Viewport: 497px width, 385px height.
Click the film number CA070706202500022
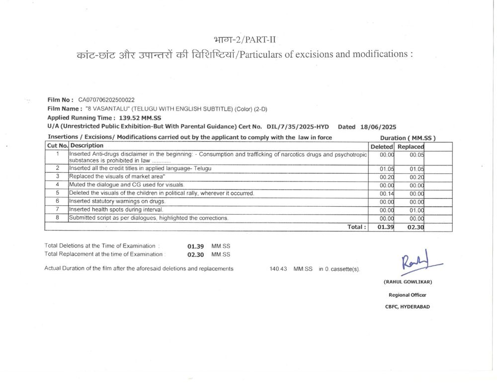(x=106, y=100)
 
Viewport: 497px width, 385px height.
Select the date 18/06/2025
(x=378, y=127)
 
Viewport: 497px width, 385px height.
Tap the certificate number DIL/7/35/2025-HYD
(x=298, y=127)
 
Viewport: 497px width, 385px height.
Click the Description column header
(x=87, y=146)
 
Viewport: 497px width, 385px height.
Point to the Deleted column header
(x=382, y=147)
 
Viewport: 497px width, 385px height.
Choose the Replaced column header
(x=411, y=147)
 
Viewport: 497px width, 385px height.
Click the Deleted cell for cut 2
(x=387, y=169)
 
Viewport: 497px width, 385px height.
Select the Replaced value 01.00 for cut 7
(x=416, y=210)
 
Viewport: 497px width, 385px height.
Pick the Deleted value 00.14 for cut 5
(x=387, y=193)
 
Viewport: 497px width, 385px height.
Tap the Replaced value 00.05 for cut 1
(x=416, y=155)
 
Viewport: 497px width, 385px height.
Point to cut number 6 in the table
(x=58, y=201)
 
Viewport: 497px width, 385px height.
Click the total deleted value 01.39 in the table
(x=385, y=227)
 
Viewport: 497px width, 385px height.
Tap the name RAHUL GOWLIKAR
(x=408, y=282)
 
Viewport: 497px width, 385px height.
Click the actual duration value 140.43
(x=278, y=269)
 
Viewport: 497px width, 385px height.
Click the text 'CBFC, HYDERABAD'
(x=408, y=307)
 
